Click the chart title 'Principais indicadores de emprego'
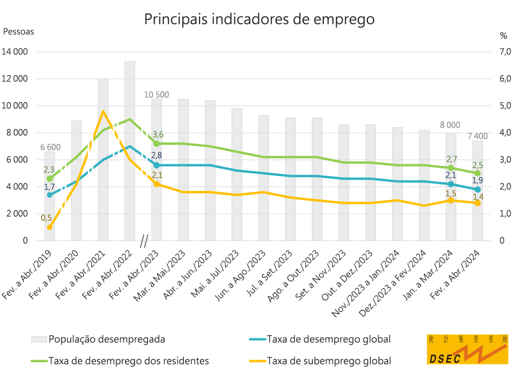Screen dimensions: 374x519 259,19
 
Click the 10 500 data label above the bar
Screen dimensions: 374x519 156,95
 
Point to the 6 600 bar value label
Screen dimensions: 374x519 50,147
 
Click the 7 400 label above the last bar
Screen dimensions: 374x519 477,136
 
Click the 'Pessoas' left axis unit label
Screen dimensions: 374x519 19,31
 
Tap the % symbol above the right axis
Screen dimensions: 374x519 503,36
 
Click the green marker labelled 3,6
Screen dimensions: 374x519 156,143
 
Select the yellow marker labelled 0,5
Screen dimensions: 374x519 50,227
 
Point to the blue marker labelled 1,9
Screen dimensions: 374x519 477,189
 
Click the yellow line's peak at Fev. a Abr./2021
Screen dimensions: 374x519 103,112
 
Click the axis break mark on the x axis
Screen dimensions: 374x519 144,241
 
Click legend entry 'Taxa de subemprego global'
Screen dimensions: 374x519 328,361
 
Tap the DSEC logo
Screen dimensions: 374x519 467,349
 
